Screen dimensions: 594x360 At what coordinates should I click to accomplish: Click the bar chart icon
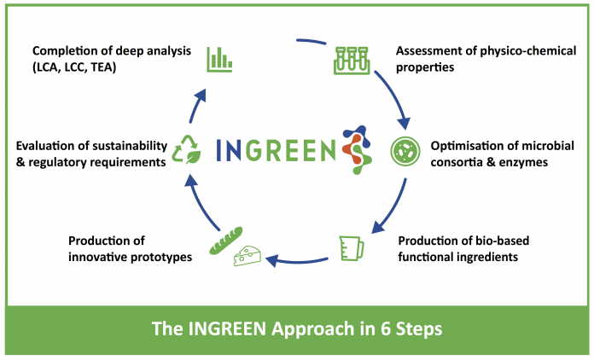(x=219, y=60)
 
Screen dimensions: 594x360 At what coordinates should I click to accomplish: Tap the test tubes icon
(x=352, y=61)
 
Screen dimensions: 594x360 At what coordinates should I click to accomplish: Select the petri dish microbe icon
(x=405, y=151)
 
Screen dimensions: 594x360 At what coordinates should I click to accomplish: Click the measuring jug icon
(x=352, y=248)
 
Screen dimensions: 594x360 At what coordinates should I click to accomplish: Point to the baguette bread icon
(x=226, y=241)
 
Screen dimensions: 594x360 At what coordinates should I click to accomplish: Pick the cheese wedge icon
(x=247, y=256)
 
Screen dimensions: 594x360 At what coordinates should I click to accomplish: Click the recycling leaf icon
(x=186, y=149)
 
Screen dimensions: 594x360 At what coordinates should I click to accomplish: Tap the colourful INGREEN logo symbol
(x=357, y=149)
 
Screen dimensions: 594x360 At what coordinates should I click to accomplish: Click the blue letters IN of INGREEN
(x=228, y=150)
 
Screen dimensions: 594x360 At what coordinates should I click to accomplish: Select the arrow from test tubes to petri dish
(x=395, y=97)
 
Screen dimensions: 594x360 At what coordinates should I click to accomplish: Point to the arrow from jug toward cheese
(x=297, y=261)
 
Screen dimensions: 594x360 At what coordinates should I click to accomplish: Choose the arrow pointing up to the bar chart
(x=198, y=105)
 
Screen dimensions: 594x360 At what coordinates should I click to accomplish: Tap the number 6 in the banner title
(x=385, y=328)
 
